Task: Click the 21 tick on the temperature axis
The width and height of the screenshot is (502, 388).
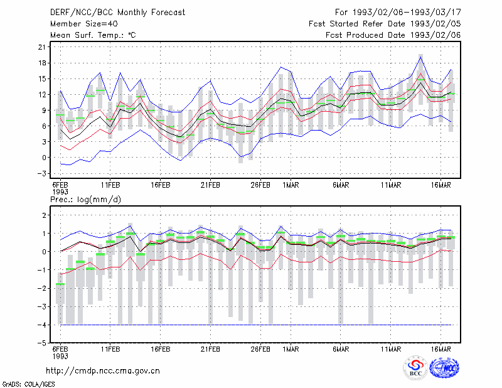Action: click(x=42, y=47)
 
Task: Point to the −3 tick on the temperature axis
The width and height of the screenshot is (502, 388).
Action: click(x=42, y=173)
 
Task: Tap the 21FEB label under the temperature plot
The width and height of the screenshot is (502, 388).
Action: click(x=210, y=185)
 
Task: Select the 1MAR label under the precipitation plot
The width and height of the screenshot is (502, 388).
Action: click(x=291, y=349)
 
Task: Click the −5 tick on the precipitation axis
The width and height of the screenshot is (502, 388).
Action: click(x=42, y=343)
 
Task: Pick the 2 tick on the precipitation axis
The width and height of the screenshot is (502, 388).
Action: click(x=44, y=215)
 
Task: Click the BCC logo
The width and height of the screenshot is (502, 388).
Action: click(x=415, y=368)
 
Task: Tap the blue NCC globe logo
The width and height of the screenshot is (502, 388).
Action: click(x=444, y=368)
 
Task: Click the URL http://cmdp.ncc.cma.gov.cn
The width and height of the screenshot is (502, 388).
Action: click(x=103, y=371)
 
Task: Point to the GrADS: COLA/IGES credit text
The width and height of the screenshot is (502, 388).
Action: click(x=28, y=384)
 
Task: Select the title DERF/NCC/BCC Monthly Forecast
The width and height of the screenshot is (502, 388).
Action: click(x=117, y=13)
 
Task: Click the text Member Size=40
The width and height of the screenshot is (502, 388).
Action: click(x=84, y=24)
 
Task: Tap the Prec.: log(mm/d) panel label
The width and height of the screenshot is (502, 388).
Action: click(x=85, y=200)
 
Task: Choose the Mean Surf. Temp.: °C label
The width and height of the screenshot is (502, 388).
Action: click(x=93, y=35)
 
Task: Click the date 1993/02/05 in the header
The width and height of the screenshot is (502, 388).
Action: click(x=435, y=24)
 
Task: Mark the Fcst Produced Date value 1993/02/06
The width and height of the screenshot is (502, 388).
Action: click(x=435, y=35)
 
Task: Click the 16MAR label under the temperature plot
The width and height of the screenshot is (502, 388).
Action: click(x=441, y=185)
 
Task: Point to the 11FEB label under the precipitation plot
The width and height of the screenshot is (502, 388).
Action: click(x=110, y=349)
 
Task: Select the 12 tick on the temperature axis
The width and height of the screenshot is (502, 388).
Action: click(x=42, y=95)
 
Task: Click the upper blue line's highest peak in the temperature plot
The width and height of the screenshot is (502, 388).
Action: click(x=420, y=57)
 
